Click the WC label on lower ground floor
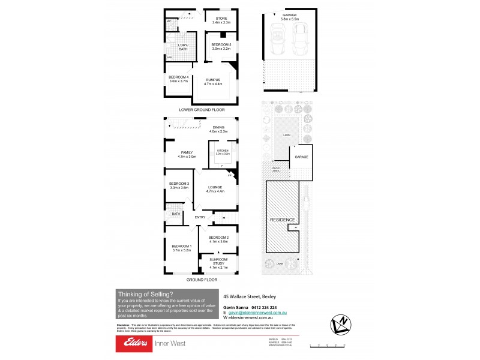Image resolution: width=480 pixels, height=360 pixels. click(x=169, y=21)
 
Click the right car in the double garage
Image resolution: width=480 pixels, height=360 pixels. click(x=299, y=41)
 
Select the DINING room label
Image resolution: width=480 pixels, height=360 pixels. click(x=217, y=128)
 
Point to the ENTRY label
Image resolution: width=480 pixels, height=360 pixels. click(x=200, y=217)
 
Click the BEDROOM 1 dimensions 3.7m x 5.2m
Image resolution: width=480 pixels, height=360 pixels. click(x=182, y=250)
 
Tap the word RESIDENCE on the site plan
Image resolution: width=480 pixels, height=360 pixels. click(x=281, y=220)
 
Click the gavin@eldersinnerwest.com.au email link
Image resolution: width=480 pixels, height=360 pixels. click(x=259, y=313)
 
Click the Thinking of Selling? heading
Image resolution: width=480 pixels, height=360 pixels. click(x=146, y=293)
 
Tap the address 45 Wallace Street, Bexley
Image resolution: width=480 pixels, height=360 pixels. click(x=250, y=296)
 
